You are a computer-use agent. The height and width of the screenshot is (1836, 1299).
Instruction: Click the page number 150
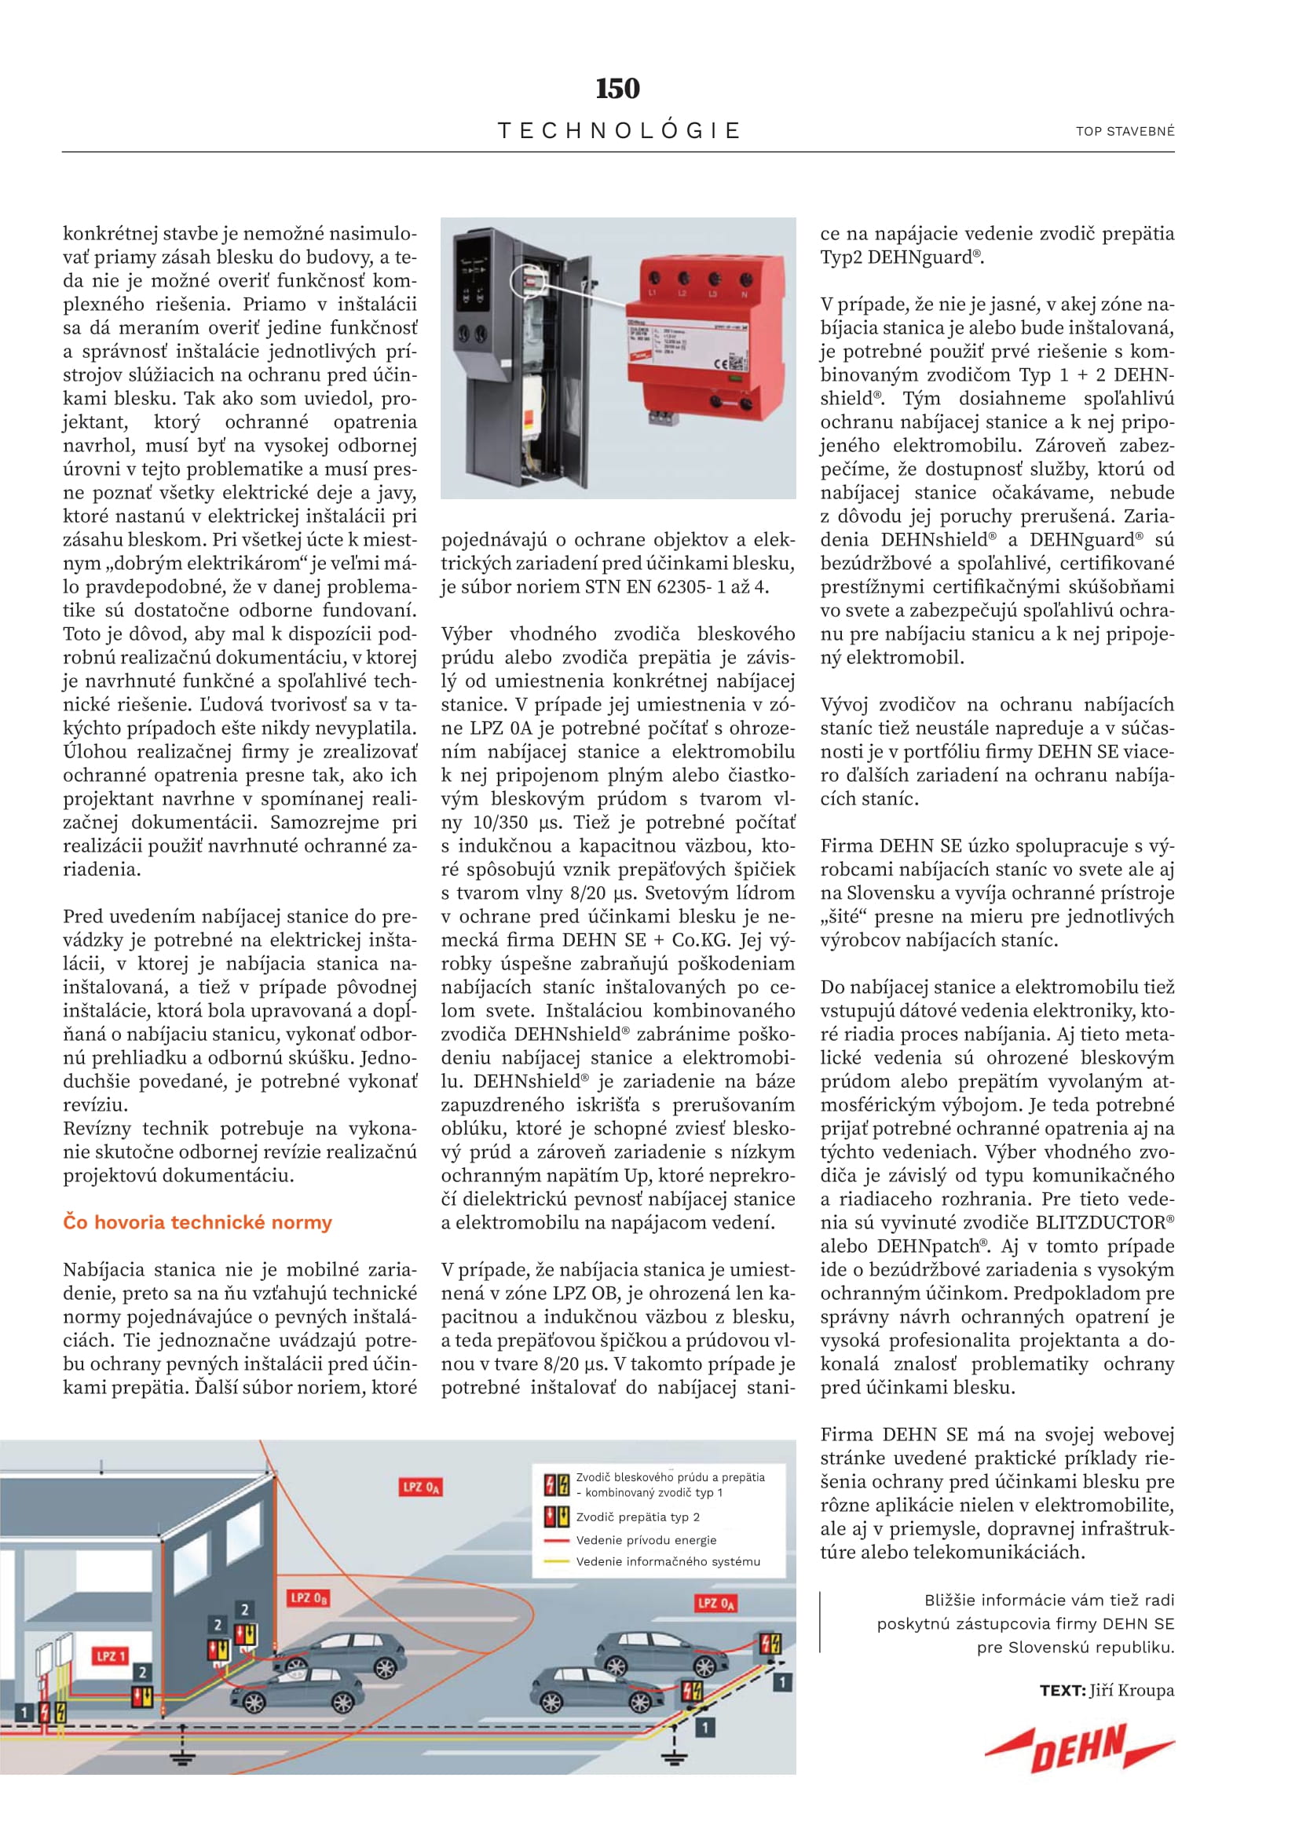617,88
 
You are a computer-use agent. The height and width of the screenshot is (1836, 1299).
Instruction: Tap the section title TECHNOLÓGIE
618,130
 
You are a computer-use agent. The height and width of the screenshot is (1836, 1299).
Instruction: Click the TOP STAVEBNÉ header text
1125,131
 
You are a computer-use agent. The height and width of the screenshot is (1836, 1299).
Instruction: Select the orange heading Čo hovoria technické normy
197,1223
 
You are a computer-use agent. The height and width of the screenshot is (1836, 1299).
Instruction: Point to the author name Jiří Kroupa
1131,1691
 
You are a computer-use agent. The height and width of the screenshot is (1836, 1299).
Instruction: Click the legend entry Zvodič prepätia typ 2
638,1517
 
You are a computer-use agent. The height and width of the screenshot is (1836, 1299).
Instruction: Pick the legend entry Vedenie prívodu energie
646,1540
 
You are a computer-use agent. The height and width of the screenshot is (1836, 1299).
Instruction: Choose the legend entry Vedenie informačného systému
667,1562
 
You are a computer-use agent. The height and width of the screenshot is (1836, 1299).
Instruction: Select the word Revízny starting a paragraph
97,1128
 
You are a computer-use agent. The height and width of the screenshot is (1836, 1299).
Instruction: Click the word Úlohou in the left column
94,752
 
